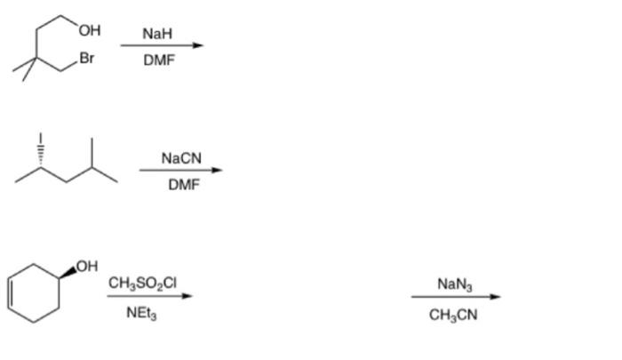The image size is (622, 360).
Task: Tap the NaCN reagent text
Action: (x=182, y=158)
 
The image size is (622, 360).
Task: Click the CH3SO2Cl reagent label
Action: (x=143, y=283)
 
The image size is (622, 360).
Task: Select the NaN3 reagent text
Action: (x=455, y=284)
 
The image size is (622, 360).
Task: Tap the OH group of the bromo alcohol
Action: (x=89, y=30)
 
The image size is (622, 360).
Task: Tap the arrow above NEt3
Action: (x=149, y=297)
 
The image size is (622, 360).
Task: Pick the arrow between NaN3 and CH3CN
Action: (x=456, y=298)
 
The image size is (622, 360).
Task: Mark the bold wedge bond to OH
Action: (x=68, y=271)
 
